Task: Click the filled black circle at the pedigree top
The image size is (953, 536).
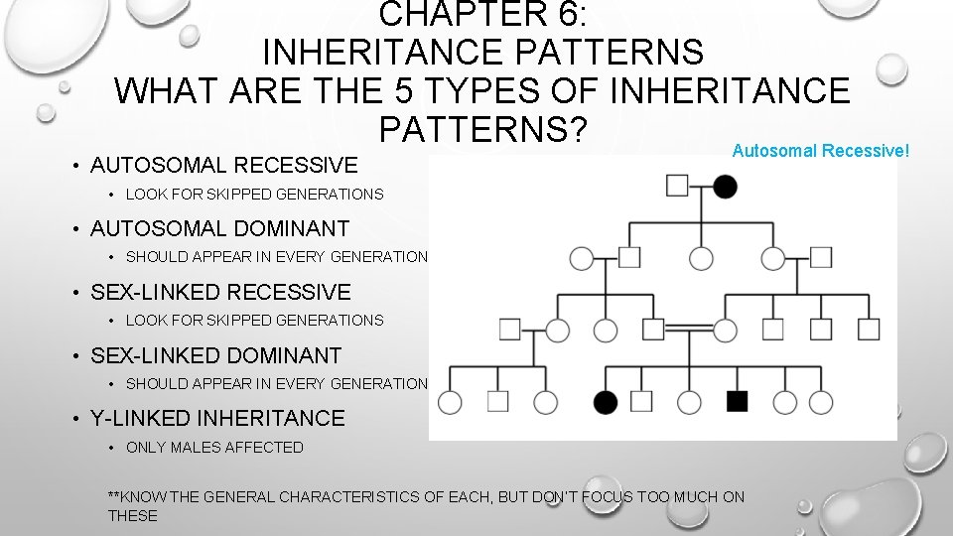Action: [726, 186]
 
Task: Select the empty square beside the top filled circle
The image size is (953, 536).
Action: [678, 186]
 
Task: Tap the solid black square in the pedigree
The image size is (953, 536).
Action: [737, 401]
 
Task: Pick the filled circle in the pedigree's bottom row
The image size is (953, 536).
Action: [606, 401]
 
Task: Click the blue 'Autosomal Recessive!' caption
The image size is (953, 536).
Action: [820, 151]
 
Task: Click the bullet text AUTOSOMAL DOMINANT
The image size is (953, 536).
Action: [219, 228]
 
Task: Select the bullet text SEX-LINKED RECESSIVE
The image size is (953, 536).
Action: [220, 292]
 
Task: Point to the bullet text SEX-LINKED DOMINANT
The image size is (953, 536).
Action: [215, 355]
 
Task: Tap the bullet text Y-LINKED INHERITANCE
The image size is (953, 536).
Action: [217, 419]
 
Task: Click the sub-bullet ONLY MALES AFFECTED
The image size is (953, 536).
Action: [214, 448]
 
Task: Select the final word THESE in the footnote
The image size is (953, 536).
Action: [133, 515]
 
